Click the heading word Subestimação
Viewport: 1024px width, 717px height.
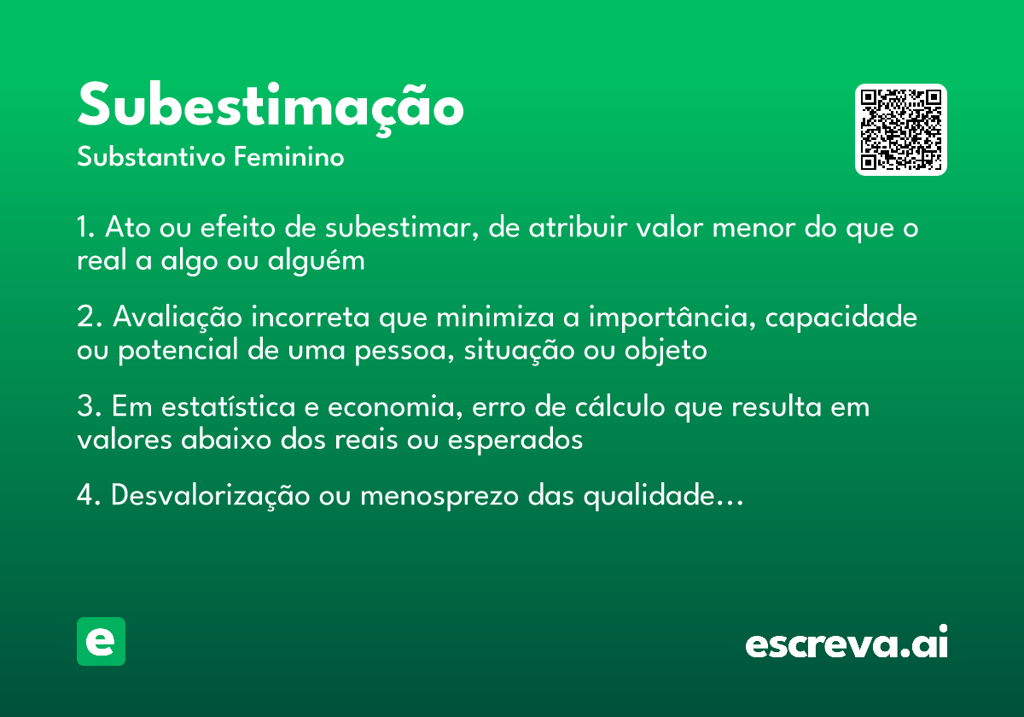[271, 106]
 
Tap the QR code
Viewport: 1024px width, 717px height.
[900, 130]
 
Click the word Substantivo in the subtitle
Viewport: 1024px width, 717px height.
[150, 158]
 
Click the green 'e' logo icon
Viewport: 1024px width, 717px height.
[101, 641]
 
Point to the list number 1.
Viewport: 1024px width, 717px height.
[84, 229]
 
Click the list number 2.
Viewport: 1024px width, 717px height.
[85, 318]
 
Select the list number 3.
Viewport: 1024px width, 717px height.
[85, 406]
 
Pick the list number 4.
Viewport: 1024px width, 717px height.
[86, 495]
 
